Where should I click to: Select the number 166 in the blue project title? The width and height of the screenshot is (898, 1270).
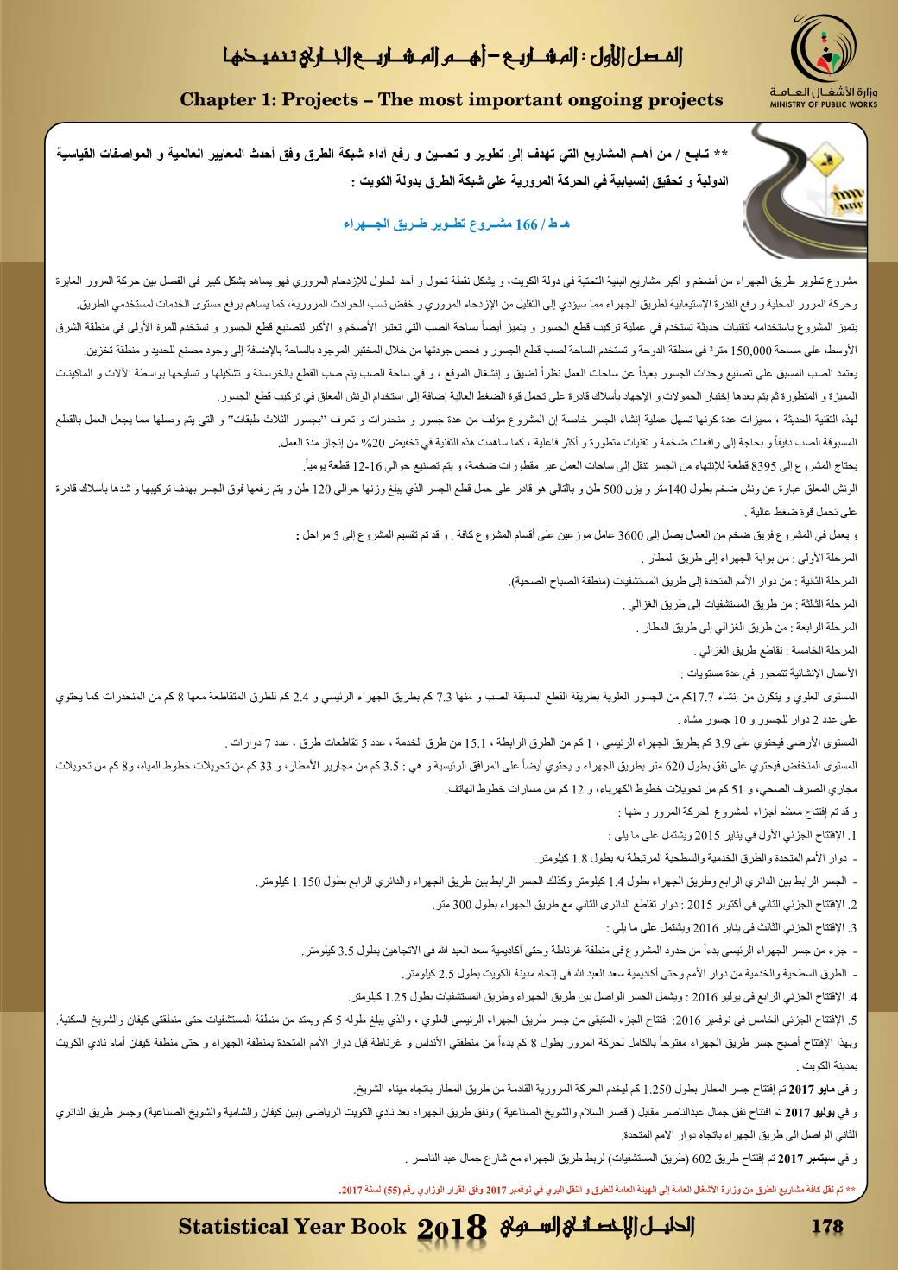point(527,225)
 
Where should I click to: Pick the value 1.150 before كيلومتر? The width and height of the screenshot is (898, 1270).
point(307,882)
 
